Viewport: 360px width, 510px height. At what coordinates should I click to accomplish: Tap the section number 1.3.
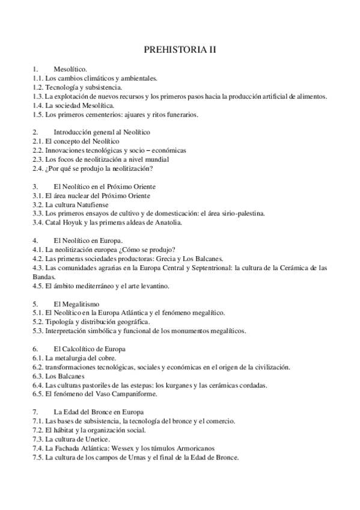(38, 96)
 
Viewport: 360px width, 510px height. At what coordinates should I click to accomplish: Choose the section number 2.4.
(38, 168)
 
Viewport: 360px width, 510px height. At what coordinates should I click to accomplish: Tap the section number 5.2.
(38, 321)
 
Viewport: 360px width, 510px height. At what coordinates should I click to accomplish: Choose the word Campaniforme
(121, 394)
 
